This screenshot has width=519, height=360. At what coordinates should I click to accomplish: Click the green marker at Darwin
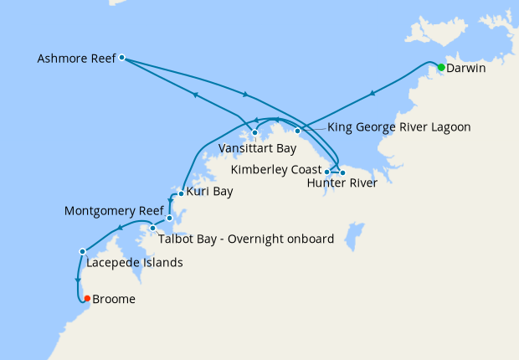tap(441, 67)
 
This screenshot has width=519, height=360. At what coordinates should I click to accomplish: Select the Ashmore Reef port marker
tap(122, 58)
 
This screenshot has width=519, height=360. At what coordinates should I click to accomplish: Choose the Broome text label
tap(114, 299)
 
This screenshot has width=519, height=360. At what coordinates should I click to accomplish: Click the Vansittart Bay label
tap(258, 148)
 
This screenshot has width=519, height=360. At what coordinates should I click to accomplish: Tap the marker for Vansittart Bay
tap(255, 133)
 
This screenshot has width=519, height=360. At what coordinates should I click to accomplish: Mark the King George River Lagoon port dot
tap(297, 131)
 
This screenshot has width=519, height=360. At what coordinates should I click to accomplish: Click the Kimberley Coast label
tap(276, 170)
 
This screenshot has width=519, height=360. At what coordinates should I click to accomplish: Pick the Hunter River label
tap(342, 183)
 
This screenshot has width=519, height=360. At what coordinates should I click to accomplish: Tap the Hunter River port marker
tap(342, 172)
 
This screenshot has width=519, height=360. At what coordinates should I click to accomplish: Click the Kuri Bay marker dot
tap(181, 193)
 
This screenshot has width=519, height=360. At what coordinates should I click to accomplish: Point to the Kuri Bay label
tap(210, 192)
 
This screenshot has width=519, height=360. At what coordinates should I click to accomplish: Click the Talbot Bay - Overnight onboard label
tap(247, 239)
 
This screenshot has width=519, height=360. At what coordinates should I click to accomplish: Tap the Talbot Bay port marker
tap(153, 229)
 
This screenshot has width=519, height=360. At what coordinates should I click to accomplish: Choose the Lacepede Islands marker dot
tap(82, 251)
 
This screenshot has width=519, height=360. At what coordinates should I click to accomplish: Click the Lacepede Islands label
tap(135, 262)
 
